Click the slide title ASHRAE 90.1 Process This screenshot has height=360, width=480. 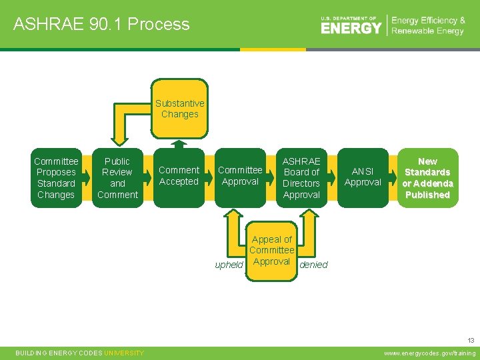[x=101, y=25]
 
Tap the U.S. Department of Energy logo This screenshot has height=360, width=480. [x=351, y=25]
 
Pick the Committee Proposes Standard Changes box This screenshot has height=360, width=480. [x=56, y=178]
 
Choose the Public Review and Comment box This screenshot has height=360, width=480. [x=117, y=178]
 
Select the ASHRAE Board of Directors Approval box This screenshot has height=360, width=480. [x=301, y=178]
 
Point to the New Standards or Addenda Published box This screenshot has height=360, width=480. [x=427, y=178]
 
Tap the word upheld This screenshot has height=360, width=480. [x=229, y=265]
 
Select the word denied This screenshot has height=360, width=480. [x=314, y=265]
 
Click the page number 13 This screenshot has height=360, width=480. [x=471, y=339]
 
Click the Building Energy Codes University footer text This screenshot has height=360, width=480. [x=80, y=353]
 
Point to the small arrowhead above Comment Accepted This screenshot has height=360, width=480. [x=179, y=143]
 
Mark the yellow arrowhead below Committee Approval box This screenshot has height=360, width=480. [x=233, y=214]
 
